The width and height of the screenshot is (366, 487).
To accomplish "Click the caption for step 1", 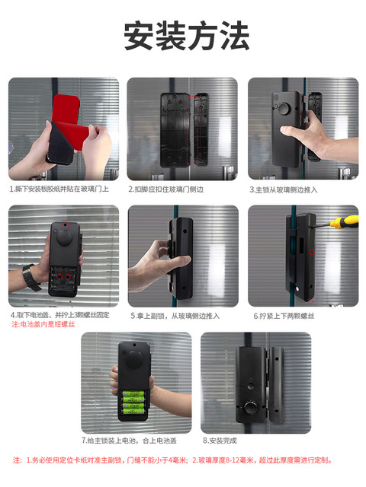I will [x=59, y=189].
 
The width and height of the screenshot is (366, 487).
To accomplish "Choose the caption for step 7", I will [x=129, y=441].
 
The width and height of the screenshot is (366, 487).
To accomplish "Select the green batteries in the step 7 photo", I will [x=135, y=400].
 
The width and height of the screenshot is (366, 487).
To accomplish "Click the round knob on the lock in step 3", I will [x=286, y=111].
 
